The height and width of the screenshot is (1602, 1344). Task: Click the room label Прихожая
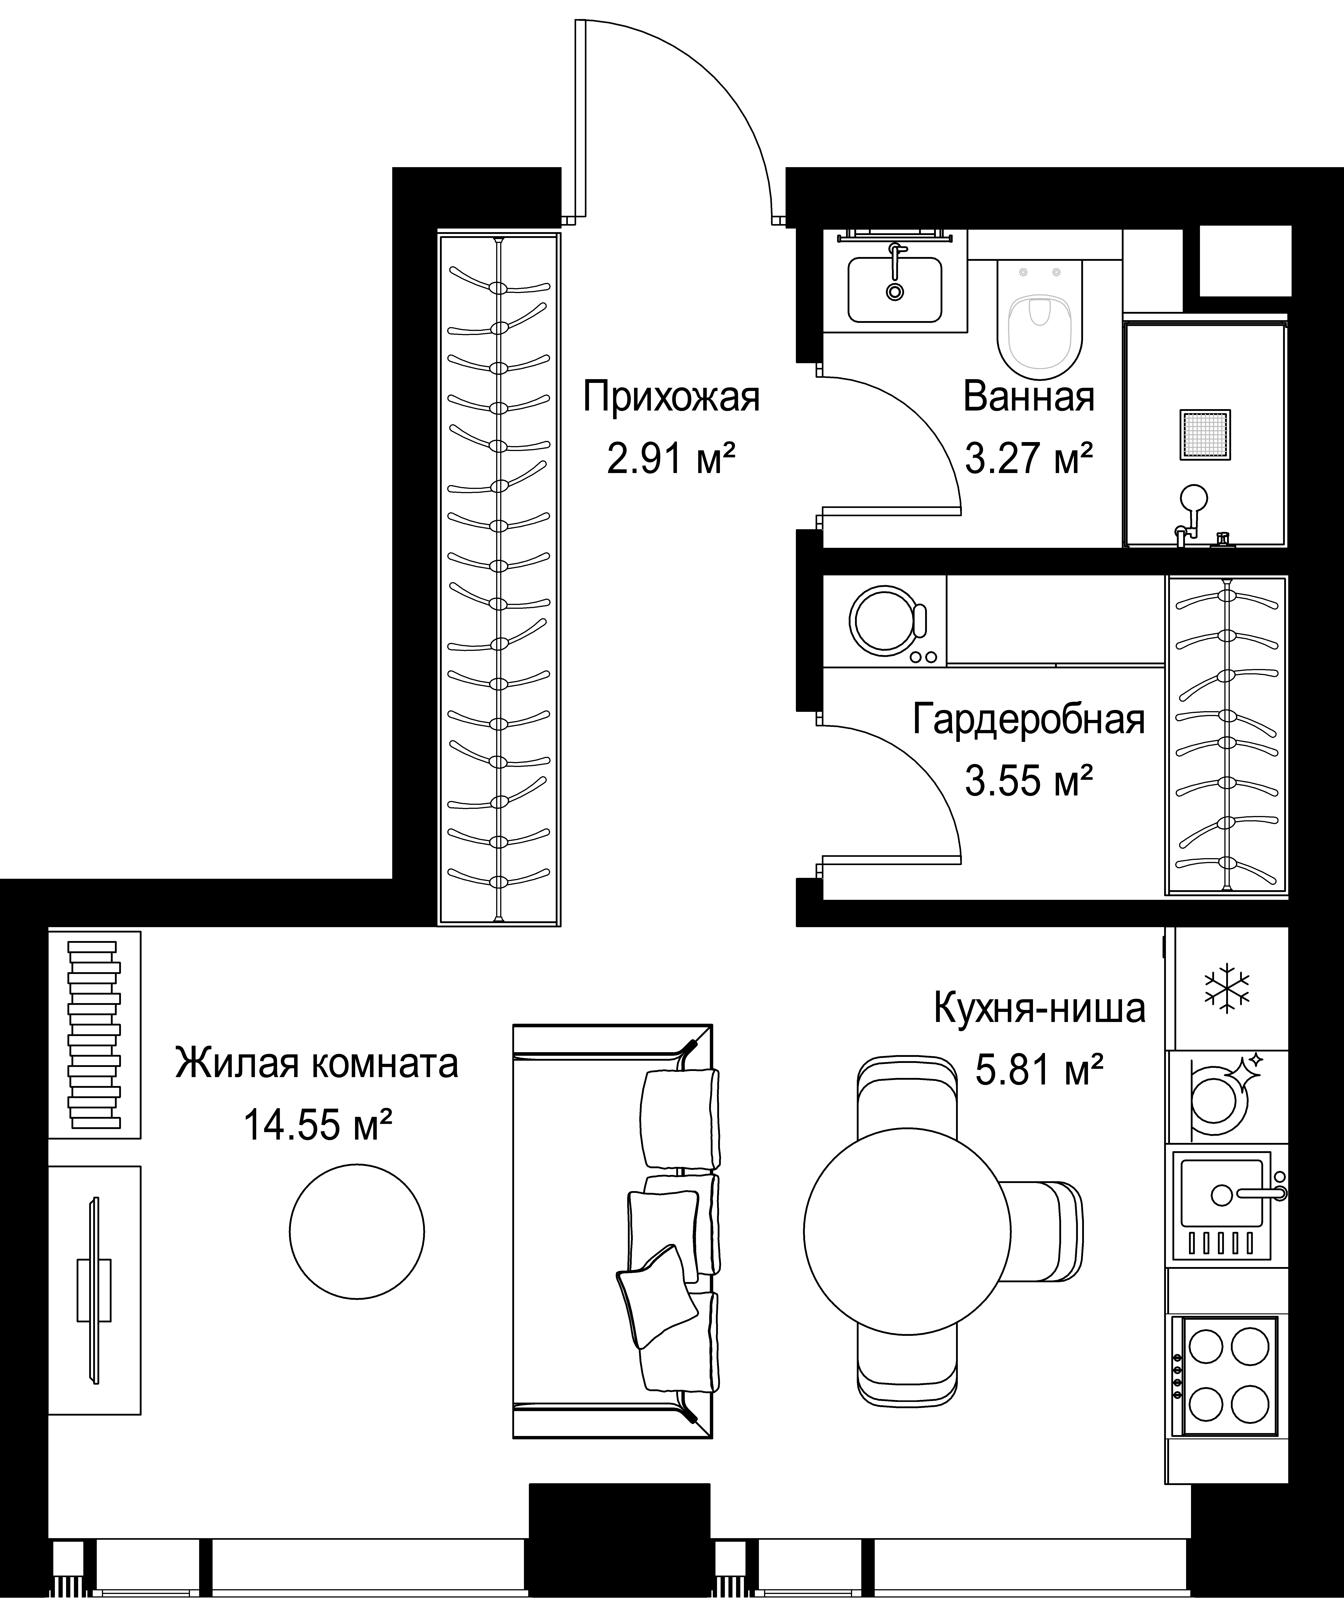point(671,398)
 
